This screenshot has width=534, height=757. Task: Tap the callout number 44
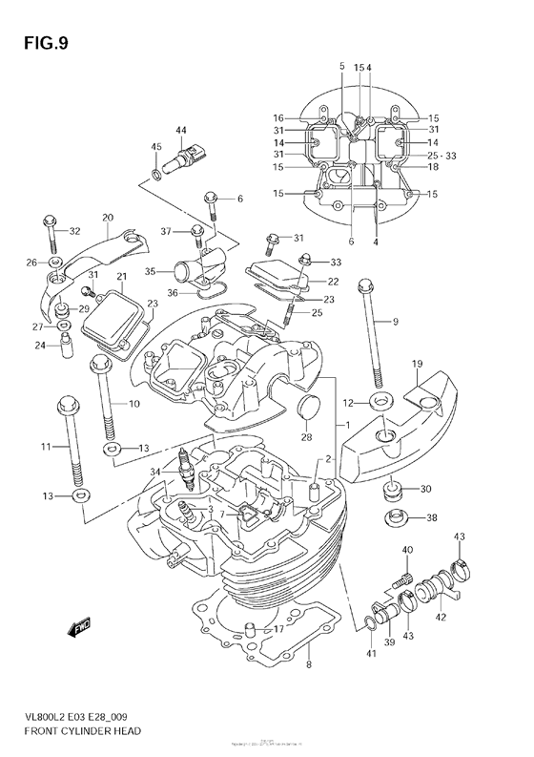coord(180,130)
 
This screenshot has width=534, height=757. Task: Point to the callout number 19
coord(417,365)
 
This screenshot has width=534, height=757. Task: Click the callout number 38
coord(431,519)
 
